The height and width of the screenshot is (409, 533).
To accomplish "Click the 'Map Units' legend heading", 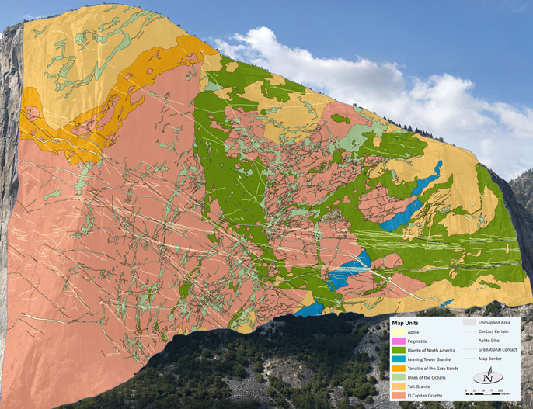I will pyautogui.click(x=412, y=322).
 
